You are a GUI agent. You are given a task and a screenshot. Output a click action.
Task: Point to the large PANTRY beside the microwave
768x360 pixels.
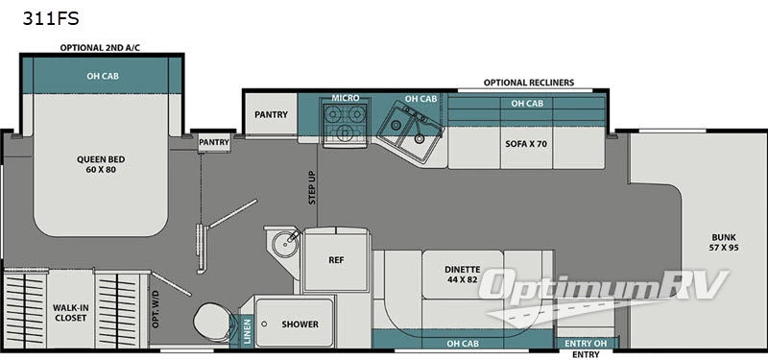point(271,114)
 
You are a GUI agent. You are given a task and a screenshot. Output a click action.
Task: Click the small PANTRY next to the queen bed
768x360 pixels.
point(214,142)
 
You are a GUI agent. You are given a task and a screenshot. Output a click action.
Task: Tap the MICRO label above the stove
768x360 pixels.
point(346,98)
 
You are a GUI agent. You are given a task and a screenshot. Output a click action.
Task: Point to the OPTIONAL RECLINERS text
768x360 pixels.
point(529,83)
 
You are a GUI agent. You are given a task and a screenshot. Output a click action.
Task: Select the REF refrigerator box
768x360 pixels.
point(335,259)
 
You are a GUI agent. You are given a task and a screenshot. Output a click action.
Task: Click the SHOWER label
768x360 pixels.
point(300,324)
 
